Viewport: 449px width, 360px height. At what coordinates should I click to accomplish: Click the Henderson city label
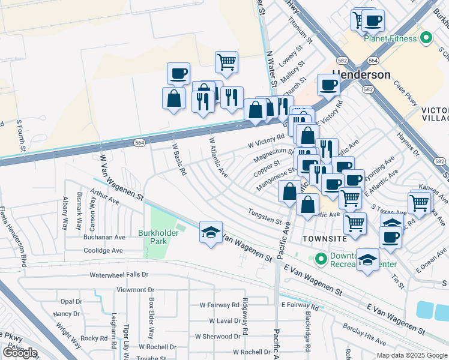click(x=358, y=75)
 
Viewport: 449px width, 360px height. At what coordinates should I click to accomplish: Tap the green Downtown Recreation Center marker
click(x=321, y=260)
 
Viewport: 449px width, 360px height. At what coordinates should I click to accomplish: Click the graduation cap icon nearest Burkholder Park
click(x=211, y=233)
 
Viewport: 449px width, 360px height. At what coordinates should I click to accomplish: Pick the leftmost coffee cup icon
click(x=178, y=74)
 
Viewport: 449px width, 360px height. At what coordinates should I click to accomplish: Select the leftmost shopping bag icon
click(x=173, y=99)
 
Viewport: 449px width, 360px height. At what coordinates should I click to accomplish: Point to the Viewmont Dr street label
click(x=123, y=289)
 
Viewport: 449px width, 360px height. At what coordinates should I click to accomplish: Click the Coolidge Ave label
click(x=103, y=251)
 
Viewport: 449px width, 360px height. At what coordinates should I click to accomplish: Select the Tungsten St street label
click(x=265, y=216)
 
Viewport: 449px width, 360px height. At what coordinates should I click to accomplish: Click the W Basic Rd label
click(x=179, y=159)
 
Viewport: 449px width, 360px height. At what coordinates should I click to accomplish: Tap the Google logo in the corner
click(x=20, y=352)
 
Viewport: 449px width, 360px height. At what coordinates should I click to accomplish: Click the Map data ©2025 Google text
click(x=411, y=355)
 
